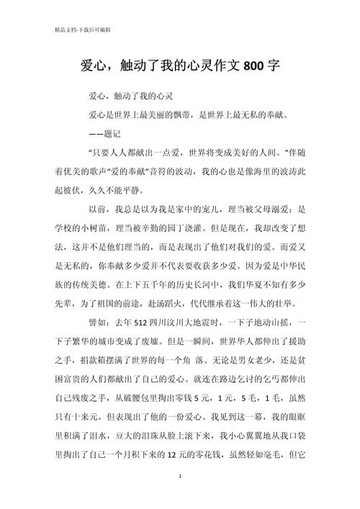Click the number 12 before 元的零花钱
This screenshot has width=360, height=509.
(196, 455)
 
